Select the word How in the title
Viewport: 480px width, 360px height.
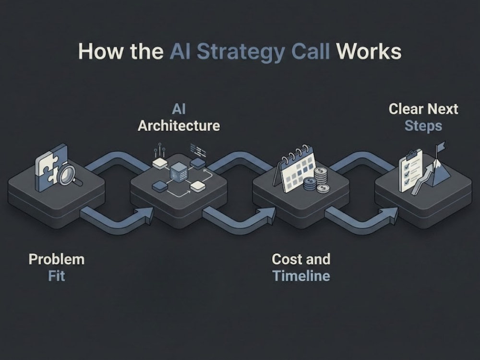point(100,51)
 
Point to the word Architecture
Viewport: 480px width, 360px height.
point(179,126)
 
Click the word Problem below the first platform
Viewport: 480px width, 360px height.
point(57,259)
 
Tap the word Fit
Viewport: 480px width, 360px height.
point(57,276)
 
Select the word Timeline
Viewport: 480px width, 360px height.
point(301,276)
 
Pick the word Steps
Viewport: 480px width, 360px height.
point(423,126)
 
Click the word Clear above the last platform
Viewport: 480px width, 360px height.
point(406,109)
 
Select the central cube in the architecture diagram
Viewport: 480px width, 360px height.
point(179,174)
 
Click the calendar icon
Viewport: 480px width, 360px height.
point(295,169)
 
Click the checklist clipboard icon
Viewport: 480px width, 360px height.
point(410,171)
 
